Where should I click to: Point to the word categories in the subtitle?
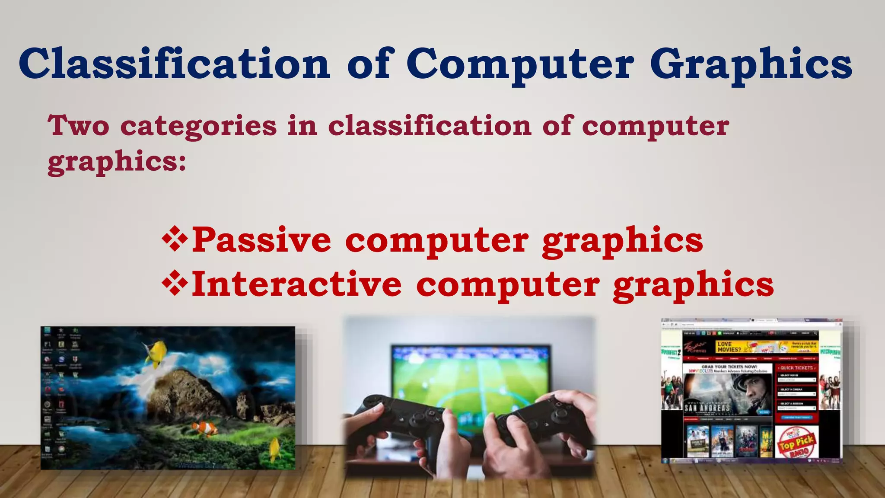click(198, 126)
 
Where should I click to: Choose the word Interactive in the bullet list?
click(297, 284)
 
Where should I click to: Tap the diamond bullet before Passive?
click(175, 239)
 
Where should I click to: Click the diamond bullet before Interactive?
click(175, 283)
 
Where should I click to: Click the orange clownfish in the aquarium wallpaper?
click(206, 428)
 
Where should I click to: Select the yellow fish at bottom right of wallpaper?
click(275, 449)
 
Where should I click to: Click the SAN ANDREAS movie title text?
click(707, 407)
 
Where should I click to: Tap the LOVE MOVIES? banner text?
click(729, 347)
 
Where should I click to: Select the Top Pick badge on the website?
click(796, 442)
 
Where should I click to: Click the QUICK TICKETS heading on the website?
click(796, 368)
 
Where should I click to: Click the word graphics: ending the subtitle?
click(117, 162)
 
